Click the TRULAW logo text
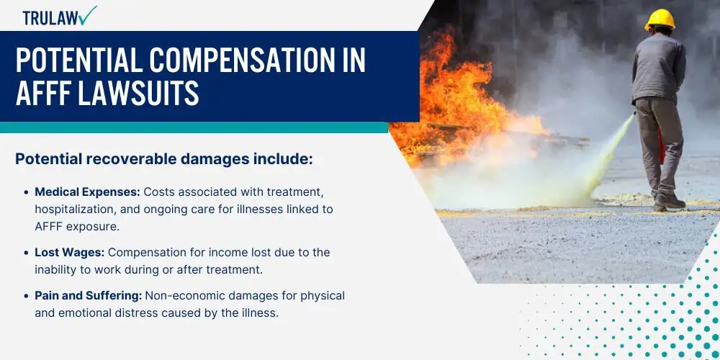(x=50, y=17)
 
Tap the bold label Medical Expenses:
(x=88, y=192)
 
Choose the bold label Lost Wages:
(x=70, y=253)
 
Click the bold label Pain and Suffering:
(x=88, y=296)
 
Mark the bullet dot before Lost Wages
(x=26, y=253)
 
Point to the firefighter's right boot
(x=670, y=200)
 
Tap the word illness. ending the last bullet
(x=261, y=314)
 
